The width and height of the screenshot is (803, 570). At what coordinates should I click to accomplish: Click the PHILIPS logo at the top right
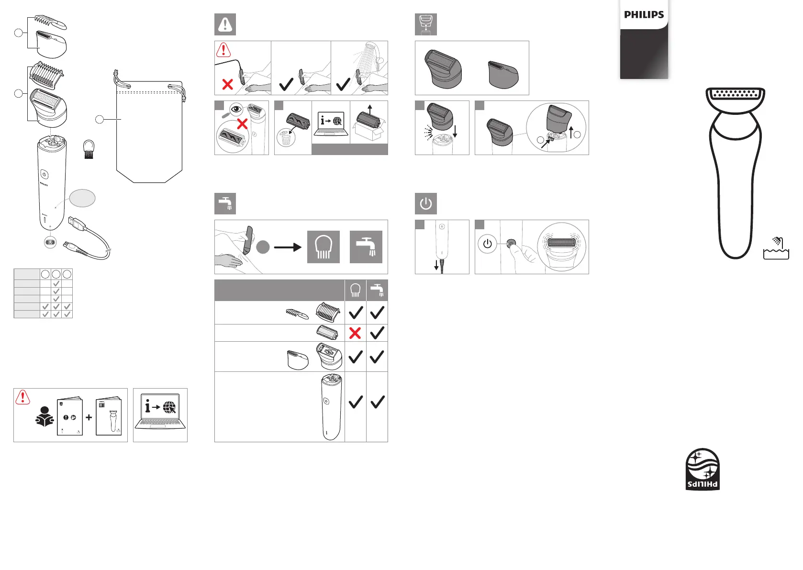point(644,15)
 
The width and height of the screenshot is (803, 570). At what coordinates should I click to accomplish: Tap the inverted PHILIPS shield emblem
point(703,469)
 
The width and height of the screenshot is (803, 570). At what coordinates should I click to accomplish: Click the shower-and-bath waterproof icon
point(776,248)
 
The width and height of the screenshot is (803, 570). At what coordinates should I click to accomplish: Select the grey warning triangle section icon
point(225,24)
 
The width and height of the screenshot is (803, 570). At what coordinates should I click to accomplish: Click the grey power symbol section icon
point(425,204)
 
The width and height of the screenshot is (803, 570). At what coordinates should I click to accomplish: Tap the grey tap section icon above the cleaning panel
point(225,204)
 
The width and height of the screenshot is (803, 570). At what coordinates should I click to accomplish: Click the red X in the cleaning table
point(355,333)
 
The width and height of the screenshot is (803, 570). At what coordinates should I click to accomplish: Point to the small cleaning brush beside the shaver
point(89,149)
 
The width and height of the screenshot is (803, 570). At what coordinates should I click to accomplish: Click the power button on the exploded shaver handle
point(44,174)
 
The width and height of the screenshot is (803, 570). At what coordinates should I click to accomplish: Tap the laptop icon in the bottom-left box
point(160,412)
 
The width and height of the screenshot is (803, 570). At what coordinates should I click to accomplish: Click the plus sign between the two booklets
point(89,417)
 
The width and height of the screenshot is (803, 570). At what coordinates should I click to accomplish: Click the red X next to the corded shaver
point(228,85)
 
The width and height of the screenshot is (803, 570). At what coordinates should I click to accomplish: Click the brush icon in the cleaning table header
point(355,291)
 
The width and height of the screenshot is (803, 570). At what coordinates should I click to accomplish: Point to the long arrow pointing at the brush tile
point(287,247)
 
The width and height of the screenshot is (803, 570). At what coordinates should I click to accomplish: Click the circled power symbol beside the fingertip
point(487,244)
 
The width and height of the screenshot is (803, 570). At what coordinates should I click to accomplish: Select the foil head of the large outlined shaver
point(736,94)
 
